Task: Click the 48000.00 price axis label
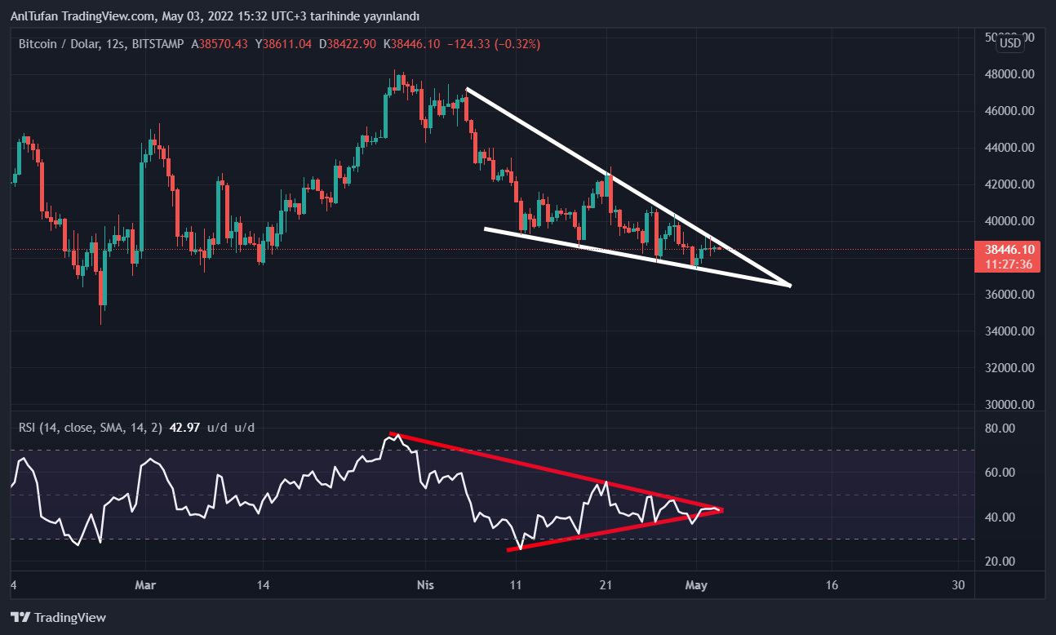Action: (1010, 74)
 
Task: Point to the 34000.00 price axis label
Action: (1010, 331)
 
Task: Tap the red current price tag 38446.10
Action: (1010, 250)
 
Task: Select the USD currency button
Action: (1010, 43)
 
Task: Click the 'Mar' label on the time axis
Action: (145, 585)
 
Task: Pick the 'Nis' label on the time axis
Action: (424, 585)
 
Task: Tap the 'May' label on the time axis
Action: (695, 585)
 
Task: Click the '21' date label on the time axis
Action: (606, 585)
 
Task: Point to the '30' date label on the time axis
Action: (959, 585)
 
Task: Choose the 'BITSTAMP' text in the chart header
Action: (158, 43)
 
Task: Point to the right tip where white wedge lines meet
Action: (790, 286)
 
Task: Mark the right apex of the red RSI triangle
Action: (721, 511)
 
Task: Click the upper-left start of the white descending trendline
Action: (466, 88)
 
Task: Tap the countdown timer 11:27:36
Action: (1010, 264)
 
